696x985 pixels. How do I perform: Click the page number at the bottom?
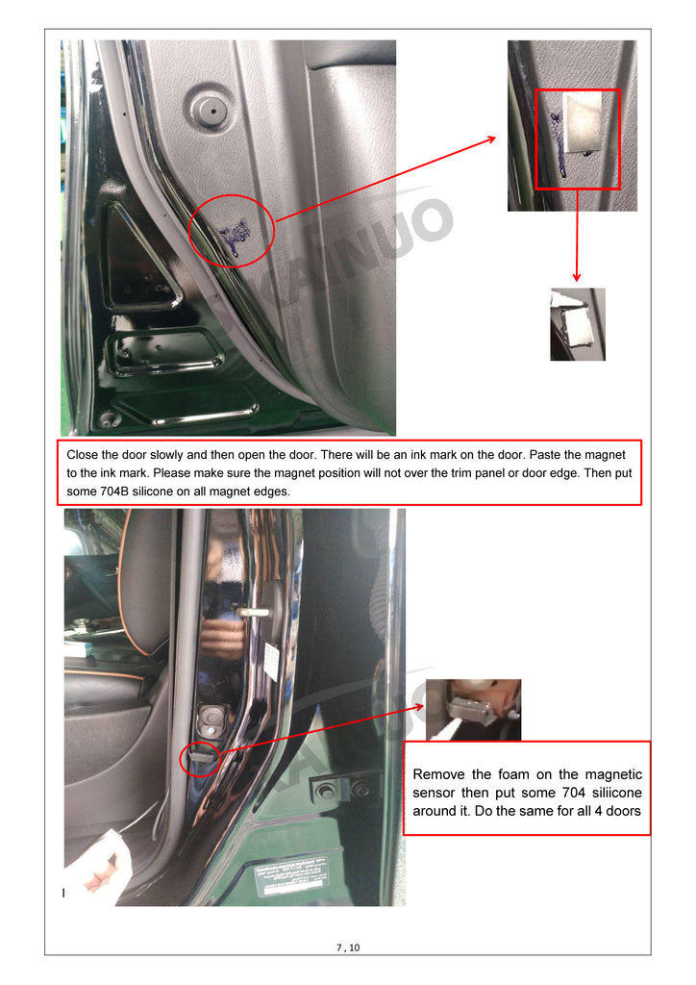click(348, 947)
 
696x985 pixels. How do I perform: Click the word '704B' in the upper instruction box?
click(114, 492)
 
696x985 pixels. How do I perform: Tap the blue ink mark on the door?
click(236, 236)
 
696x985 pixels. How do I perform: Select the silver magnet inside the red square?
click(582, 122)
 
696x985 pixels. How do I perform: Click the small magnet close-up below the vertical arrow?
click(578, 324)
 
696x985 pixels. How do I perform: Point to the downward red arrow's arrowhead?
click(576, 276)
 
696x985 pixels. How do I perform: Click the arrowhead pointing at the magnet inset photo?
click(491, 139)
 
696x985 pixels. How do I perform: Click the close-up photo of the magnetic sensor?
click(473, 710)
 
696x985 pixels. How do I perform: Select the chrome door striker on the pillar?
click(253, 611)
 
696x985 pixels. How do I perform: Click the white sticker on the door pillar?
click(272, 662)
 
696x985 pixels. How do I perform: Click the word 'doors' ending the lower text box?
click(623, 811)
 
